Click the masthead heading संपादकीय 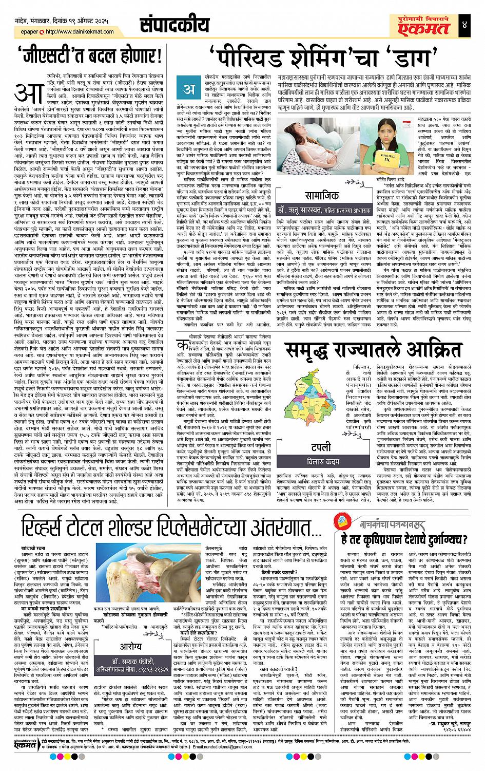(x=174, y=24)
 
